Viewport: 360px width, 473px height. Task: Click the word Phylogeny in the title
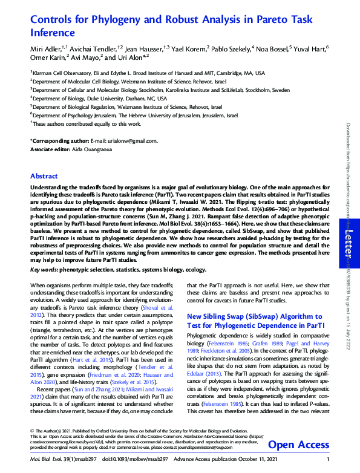[103, 19]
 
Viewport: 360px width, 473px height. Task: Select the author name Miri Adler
[47, 48]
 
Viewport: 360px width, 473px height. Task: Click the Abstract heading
[45, 177]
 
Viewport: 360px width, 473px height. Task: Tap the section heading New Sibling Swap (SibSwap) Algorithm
[254, 316]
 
